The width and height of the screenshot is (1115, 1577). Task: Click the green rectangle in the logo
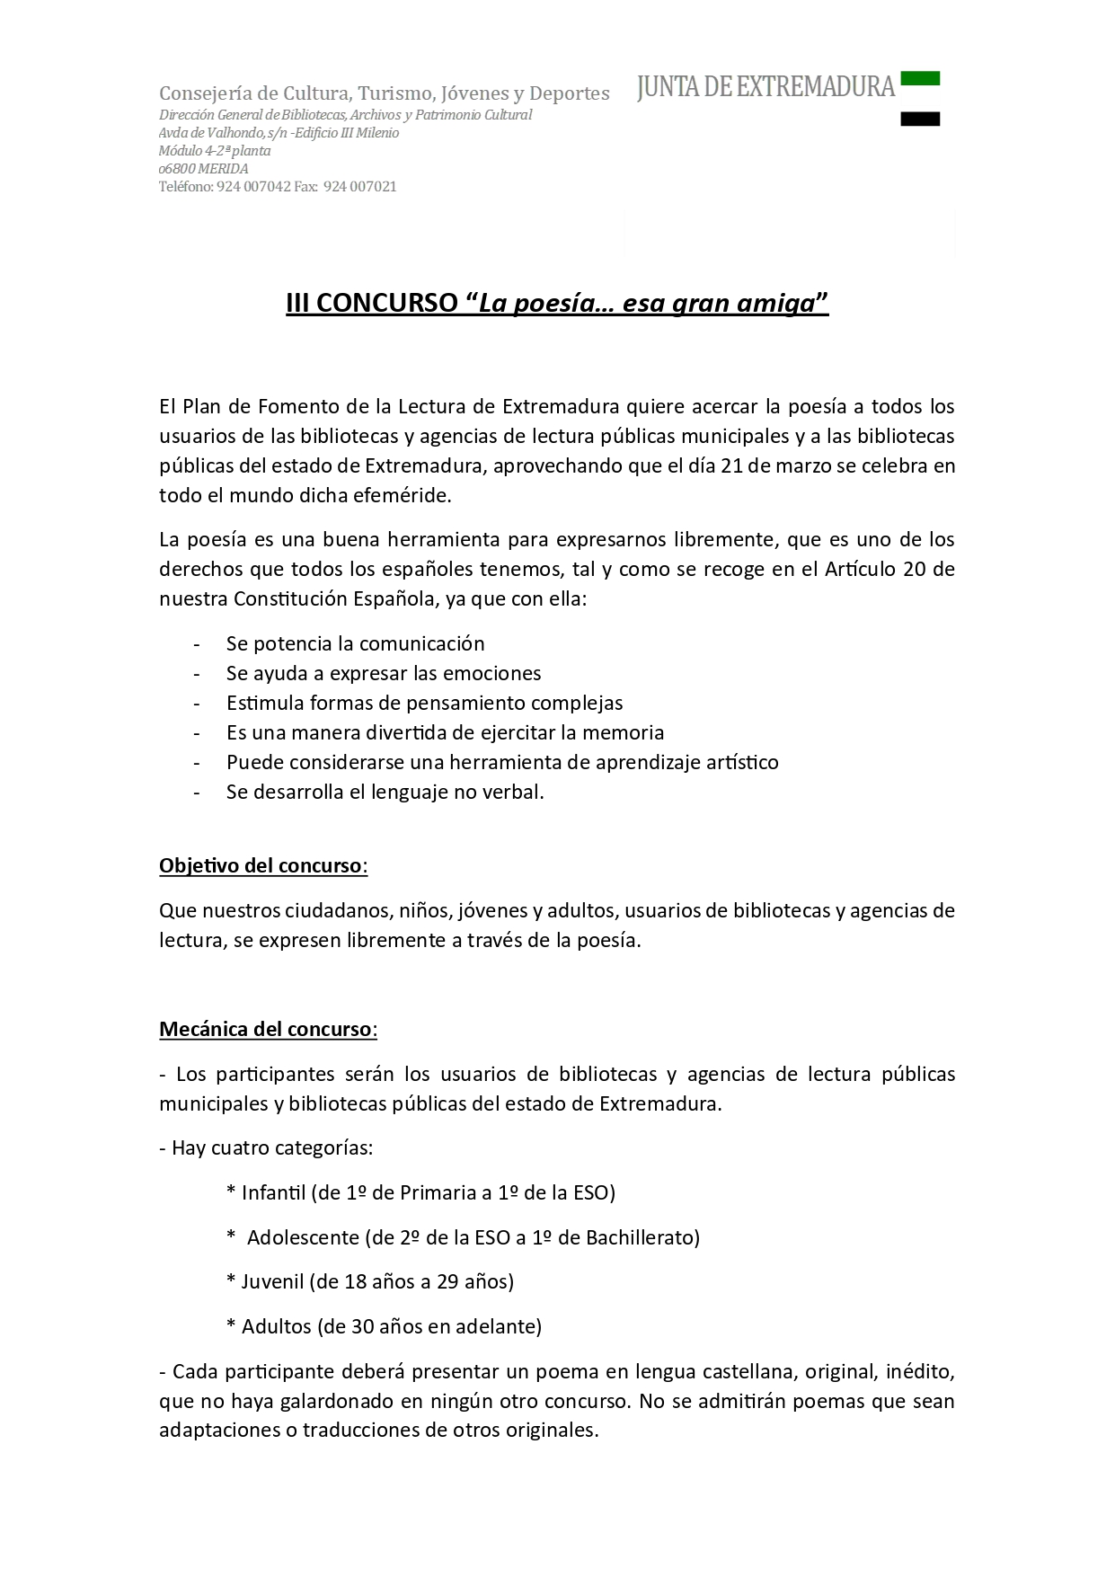coord(919,78)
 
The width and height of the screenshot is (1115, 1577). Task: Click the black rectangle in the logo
coord(919,119)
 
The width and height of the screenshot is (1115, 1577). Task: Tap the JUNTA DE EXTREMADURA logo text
coord(765,87)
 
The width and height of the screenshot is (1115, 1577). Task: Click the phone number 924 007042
coord(253,187)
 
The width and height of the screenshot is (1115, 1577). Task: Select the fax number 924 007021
coord(359,187)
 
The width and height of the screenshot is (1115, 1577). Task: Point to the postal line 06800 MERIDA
coord(204,169)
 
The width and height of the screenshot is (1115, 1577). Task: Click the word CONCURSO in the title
coord(386,304)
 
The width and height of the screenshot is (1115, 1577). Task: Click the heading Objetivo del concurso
coord(261,865)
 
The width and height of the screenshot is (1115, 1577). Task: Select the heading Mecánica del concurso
coord(265,1029)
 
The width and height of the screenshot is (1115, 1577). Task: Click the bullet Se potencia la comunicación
coord(355,643)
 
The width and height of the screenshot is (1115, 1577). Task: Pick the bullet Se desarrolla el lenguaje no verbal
coord(385,792)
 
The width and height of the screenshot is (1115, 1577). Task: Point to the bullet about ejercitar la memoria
coord(445,732)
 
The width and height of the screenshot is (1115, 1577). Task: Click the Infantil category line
coord(420,1192)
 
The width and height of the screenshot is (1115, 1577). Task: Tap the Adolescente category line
coord(464,1237)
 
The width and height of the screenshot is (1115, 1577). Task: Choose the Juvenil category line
coord(370,1281)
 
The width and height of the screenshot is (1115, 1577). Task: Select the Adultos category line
coord(385,1326)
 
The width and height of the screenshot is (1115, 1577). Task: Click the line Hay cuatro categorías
coord(266,1147)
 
